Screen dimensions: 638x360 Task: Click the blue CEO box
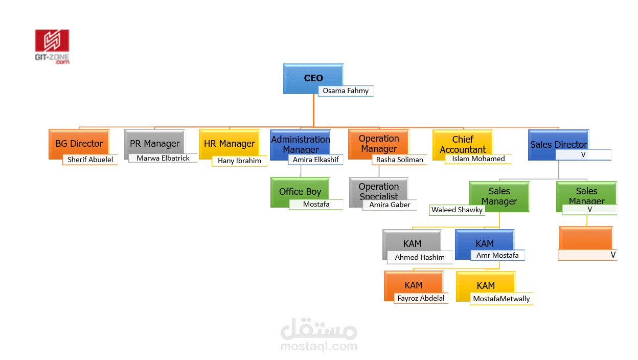point(313,79)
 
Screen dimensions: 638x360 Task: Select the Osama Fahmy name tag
point(346,91)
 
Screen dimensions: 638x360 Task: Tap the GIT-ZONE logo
point(52,47)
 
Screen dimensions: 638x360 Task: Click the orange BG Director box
point(79,144)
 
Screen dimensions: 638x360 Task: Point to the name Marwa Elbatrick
point(163,158)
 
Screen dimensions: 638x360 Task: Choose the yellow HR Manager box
point(229,144)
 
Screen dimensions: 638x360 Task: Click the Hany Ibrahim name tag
point(239,161)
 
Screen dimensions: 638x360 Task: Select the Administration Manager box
point(301,145)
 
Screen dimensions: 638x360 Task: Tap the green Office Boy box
point(300,192)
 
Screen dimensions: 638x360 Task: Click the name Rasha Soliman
point(400,160)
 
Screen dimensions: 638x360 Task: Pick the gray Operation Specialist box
point(379,192)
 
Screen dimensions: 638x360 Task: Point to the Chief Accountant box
point(463,145)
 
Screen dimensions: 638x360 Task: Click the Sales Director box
point(559,145)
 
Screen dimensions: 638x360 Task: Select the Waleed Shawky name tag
point(457,210)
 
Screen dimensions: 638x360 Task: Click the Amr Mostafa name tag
point(497,256)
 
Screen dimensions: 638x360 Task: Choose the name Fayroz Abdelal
point(421,299)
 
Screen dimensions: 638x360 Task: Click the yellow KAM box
point(486,286)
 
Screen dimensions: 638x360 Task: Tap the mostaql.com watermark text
point(318,346)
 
